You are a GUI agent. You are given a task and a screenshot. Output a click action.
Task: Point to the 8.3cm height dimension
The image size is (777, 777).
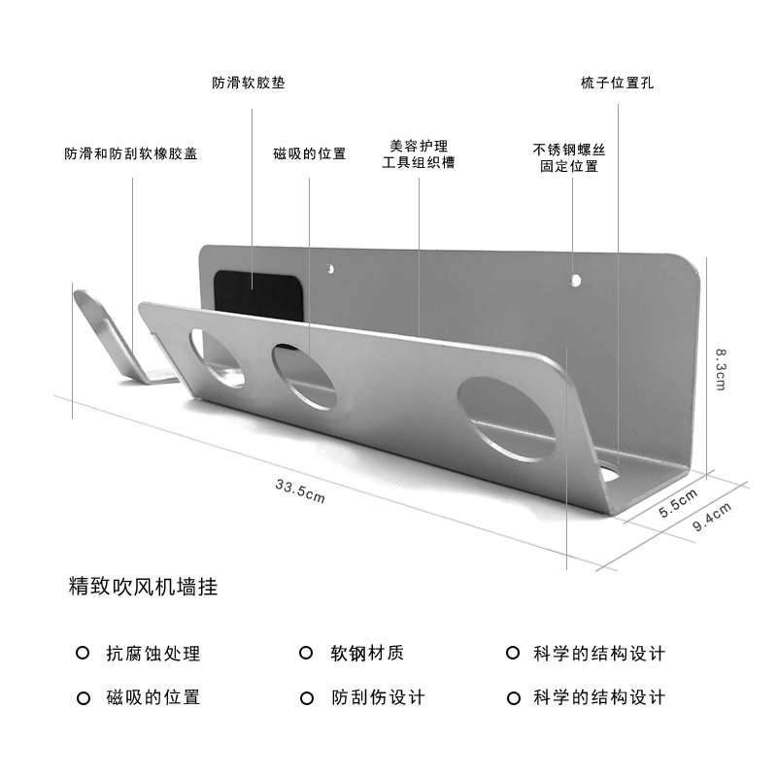[720, 369]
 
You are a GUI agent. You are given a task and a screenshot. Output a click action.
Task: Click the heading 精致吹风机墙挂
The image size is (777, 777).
[143, 588]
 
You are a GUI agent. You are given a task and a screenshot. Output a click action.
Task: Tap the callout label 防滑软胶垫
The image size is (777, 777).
[249, 84]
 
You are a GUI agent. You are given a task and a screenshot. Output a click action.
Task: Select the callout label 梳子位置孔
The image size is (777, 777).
[617, 84]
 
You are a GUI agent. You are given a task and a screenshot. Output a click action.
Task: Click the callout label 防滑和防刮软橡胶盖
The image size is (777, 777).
[131, 153]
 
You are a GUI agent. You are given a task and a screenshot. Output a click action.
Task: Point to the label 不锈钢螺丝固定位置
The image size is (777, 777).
[569, 157]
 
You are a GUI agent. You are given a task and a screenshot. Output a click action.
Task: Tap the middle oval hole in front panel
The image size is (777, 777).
[304, 375]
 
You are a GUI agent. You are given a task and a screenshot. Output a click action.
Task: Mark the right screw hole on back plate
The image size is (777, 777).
[576, 282]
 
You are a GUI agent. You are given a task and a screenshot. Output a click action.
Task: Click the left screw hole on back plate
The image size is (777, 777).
[330, 265]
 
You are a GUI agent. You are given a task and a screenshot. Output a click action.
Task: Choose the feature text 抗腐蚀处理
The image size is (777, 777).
[153, 654]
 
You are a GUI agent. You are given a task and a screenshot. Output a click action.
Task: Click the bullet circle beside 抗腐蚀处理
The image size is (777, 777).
[83, 654]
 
